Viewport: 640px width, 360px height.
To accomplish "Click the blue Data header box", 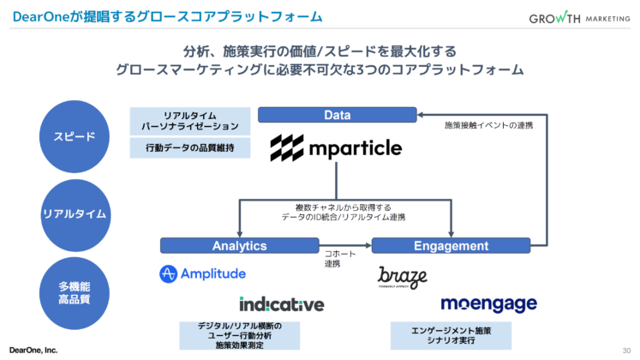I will (x=338, y=115).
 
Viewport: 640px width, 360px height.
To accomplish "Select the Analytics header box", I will (x=239, y=246).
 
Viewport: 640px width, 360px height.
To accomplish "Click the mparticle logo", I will (x=336, y=148).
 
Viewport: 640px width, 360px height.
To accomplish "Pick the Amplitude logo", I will (x=203, y=273).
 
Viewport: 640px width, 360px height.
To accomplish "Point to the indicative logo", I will (x=282, y=304).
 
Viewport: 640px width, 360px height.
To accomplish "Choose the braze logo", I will (x=403, y=277).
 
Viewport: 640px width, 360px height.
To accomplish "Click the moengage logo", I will (x=488, y=304).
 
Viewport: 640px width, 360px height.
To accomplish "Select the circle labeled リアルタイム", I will (x=68, y=213).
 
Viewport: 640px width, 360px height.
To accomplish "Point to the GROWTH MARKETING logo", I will (x=578, y=19).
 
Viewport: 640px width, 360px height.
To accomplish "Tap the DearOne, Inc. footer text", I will (x=33, y=350).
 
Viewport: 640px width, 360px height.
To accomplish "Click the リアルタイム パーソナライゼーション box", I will (x=190, y=120).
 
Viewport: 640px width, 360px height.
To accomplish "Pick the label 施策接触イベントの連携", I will (x=488, y=126).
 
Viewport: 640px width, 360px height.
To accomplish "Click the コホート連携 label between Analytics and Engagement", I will (x=333, y=259).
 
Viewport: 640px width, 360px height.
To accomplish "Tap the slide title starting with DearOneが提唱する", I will (x=163, y=16).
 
